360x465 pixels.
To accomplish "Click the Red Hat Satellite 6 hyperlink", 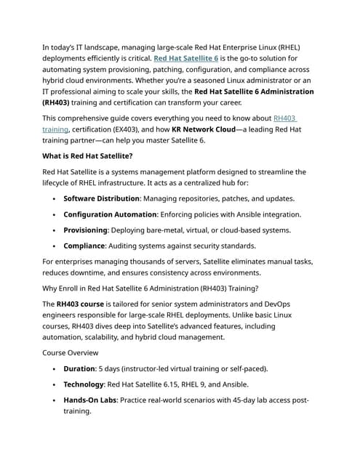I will (x=186, y=58).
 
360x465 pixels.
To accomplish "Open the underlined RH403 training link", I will (x=285, y=118).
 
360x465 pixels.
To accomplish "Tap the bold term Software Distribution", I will (x=102, y=198).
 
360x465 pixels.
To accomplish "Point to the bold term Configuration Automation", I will (x=110, y=214).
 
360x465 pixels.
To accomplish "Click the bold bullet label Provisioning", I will (x=85, y=230).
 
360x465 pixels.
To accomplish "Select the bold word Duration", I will (x=79, y=368).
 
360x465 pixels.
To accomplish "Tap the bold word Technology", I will (x=83, y=384).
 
